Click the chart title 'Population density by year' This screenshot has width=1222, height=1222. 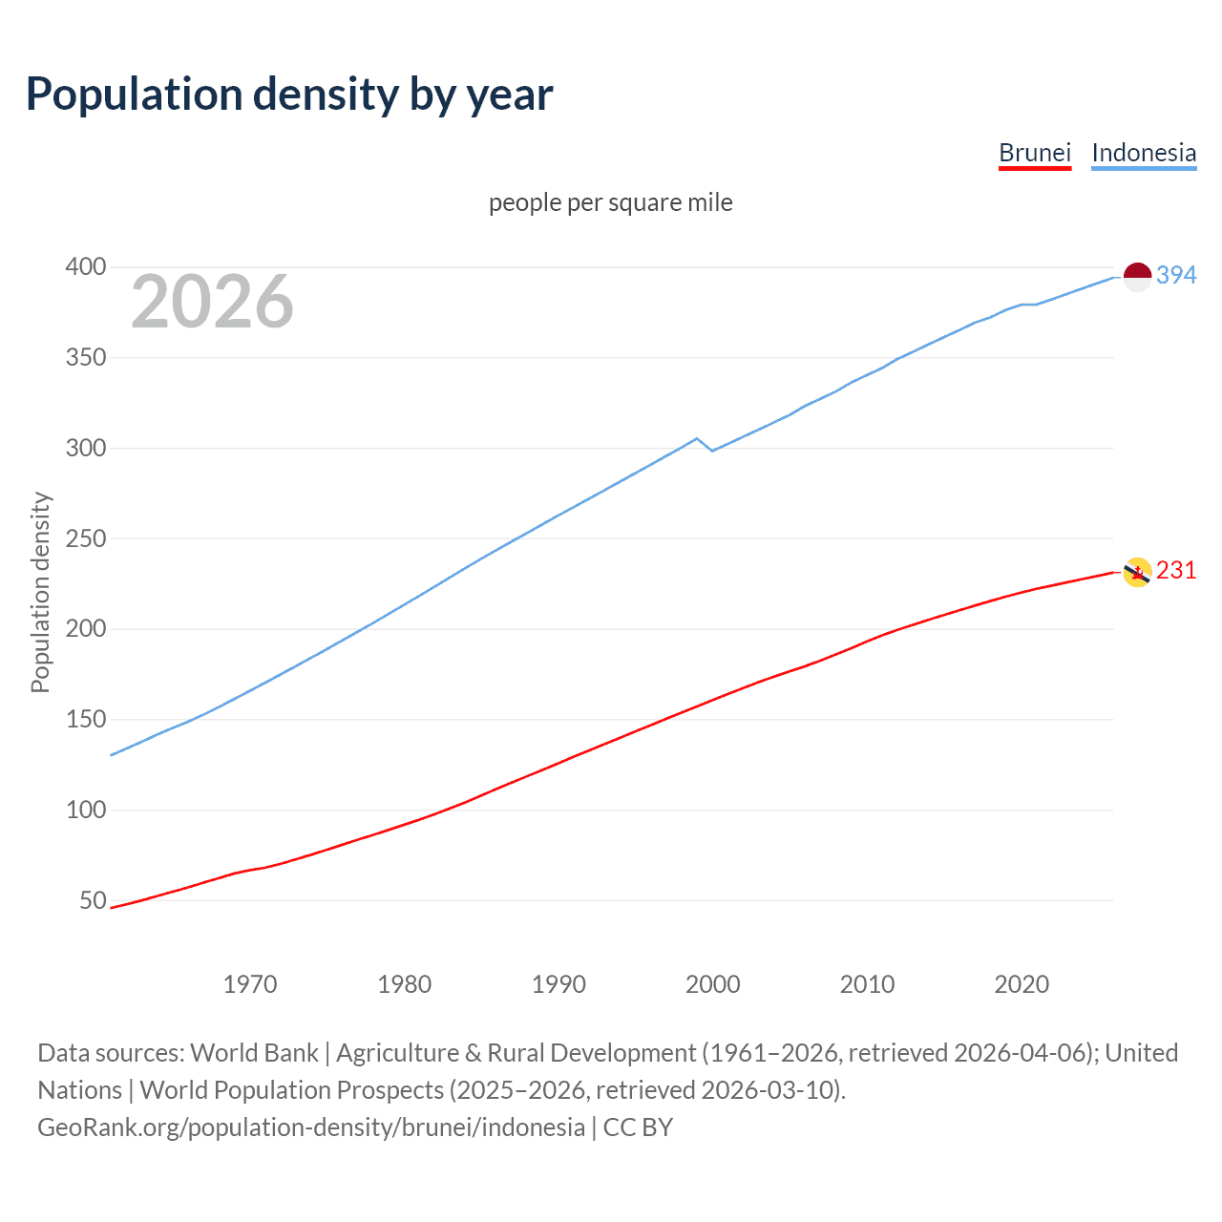point(289,95)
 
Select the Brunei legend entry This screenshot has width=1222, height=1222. point(1034,153)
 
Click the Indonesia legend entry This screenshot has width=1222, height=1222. point(1143,153)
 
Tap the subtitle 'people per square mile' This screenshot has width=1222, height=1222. point(610,202)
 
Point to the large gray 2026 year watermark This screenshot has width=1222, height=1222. point(212,302)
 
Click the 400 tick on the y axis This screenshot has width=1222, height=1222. point(85,267)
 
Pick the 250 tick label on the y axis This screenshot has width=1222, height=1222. point(85,538)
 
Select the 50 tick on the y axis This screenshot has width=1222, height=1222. point(93,900)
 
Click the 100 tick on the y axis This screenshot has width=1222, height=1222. point(85,810)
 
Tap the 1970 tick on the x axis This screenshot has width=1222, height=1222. point(250,984)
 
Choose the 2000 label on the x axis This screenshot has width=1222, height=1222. point(713,984)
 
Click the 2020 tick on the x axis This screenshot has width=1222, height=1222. point(1022,984)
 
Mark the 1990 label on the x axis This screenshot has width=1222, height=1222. point(558,984)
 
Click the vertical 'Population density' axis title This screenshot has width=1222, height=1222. point(40,592)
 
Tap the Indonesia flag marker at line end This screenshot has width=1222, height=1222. point(1137,276)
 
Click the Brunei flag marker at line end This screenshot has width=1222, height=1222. point(1137,572)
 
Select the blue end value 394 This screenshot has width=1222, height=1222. point(1176,275)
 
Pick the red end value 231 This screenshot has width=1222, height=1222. point(1176,570)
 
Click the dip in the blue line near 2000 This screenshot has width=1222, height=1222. point(711,450)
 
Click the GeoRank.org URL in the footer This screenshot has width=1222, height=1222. point(310,1127)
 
